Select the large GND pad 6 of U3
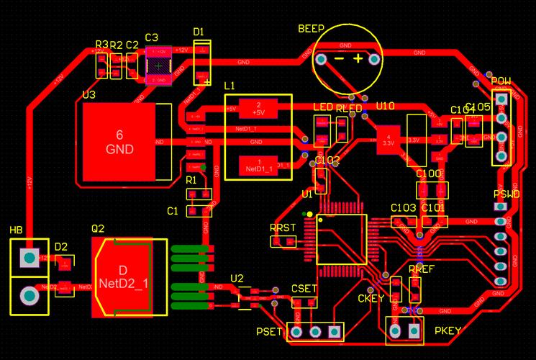tap(119, 142)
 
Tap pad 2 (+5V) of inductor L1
tap(258, 109)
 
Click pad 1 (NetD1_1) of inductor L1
tap(258, 166)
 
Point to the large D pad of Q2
tap(123, 277)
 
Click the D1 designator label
tap(199, 32)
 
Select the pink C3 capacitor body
tap(159, 66)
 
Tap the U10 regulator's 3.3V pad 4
tap(388, 140)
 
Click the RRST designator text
tap(283, 228)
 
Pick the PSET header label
tap(269, 332)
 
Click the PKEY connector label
tap(448, 331)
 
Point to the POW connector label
tap(501, 81)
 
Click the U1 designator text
tap(307, 194)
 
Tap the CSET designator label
tap(304, 288)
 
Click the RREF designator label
tap(421, 269)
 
